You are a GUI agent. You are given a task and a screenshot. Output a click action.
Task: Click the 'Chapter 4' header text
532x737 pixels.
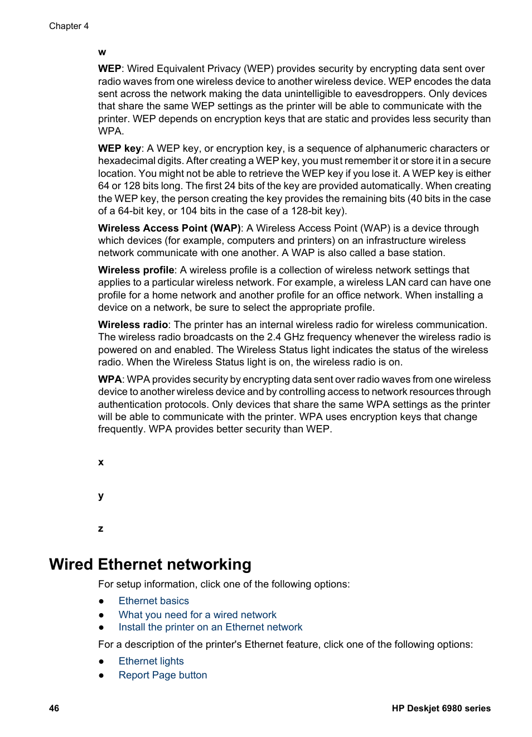click(x=69, y=26)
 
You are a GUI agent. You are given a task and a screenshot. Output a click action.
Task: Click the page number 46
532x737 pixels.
click(x=54, y=708)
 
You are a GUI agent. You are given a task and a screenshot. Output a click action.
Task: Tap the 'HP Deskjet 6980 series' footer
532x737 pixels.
click(x=441, y=708)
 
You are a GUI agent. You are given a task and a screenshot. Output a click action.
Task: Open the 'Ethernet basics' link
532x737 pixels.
click(x=153, y=601)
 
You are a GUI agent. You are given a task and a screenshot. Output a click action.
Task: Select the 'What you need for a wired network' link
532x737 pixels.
click(x=197, y=615)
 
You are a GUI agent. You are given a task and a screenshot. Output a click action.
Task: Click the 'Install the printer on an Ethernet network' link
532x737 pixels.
click(x=210, y=627)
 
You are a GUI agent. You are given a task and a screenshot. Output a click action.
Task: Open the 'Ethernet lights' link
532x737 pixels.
click(x=151, y=661)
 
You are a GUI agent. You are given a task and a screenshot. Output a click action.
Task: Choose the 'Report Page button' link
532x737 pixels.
click(x=162, y=675)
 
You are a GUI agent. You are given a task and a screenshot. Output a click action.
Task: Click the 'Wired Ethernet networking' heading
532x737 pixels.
click(x=150, y=565)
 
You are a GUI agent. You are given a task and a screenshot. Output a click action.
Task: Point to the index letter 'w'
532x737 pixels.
click(x=102, y=52)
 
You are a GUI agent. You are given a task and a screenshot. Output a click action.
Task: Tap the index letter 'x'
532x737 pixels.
click(x=101, y=462)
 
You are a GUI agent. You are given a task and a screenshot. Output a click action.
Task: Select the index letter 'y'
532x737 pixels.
click(x=101, y=495)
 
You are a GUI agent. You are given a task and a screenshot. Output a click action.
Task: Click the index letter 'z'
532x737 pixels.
click(x=101, y=528)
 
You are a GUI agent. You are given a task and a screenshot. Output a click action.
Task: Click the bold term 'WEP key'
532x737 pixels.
click(x=119, y=148)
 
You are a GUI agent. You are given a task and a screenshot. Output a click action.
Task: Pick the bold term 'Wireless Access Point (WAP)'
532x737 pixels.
click(x=169, y=228)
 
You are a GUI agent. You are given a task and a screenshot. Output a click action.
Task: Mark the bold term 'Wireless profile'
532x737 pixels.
click(x=136, y=270)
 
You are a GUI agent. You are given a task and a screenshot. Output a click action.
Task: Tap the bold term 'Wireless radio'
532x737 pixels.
click(x=133, y=325)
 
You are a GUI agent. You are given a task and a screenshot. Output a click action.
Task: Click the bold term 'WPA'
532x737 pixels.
click(x=110, y=379)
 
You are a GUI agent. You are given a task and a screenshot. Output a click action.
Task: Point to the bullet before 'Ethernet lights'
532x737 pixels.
click(x=101, y=661)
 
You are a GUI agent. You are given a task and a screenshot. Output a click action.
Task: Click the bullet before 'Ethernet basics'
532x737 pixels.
click(x=101, y=601)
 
